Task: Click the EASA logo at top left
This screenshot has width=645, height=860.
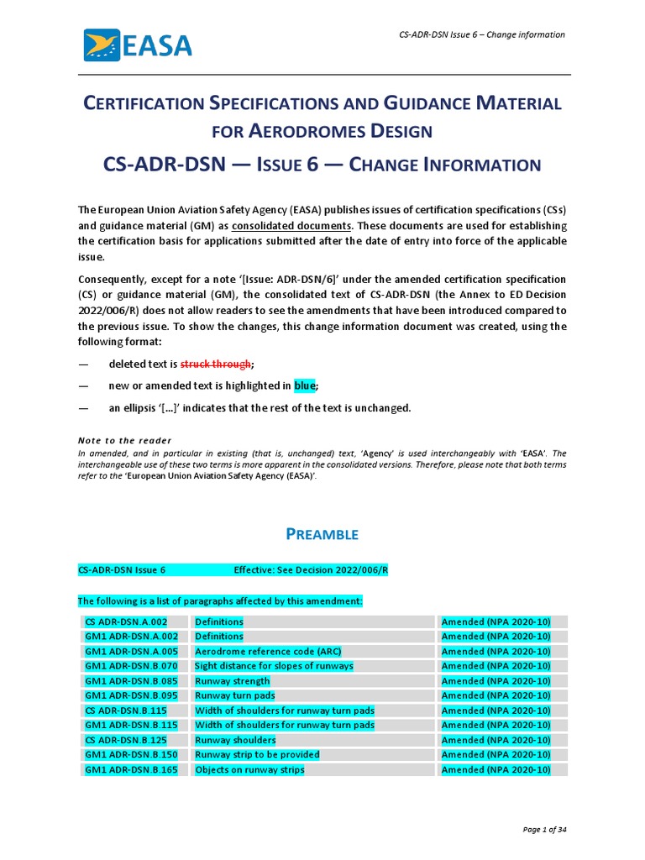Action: pos(138,45)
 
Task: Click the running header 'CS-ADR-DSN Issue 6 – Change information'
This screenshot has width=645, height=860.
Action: pos(481,34)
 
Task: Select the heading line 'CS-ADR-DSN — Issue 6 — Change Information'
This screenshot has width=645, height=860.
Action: pos(322,164)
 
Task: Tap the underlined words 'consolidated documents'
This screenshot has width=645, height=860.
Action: pos(291,227)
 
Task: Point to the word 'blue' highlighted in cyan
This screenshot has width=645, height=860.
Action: pos(305,385)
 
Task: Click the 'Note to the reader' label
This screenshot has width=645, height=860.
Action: pos(124,440)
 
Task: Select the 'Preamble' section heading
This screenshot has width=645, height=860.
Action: pos(322,534)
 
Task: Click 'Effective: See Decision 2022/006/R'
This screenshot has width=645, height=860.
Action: pos(311,570)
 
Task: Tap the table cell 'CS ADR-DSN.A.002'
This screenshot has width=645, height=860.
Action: pos(124,621)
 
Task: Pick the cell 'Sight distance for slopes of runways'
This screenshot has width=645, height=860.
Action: pos(274,666)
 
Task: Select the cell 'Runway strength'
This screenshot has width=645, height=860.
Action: pos(232,681)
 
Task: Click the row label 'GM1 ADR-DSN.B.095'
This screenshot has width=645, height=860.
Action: pos(131,695)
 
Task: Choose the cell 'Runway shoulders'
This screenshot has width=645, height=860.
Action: pos(235,740)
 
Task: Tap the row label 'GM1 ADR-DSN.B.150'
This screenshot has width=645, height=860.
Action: pos(131,755)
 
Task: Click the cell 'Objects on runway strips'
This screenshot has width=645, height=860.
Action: pos(249,769)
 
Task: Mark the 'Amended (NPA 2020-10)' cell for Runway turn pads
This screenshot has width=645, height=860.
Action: pos(496,695)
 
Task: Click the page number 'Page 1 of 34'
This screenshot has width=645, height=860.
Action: pos(543,830)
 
